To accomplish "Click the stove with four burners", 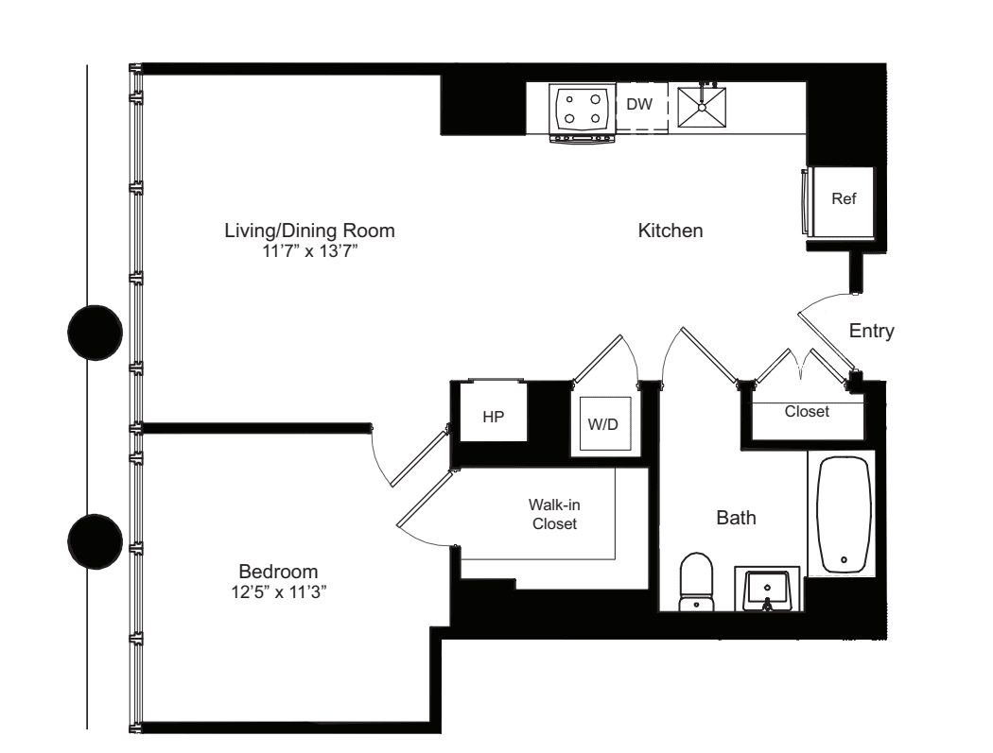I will point(582,110).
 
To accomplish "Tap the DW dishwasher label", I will point(640,104).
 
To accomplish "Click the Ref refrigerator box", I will point(843,200).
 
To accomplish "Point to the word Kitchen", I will point(671,231).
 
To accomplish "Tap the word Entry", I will point(871,331).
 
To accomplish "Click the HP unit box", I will point(493,415).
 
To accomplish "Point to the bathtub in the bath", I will point(844,515).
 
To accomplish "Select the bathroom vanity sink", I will point(767,589).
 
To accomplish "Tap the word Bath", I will point(736,518).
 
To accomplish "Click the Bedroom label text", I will point(278,572).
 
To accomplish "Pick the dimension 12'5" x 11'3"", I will point(278,590).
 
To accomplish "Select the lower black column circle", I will point(96,542).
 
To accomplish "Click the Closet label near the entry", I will point(807,412).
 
